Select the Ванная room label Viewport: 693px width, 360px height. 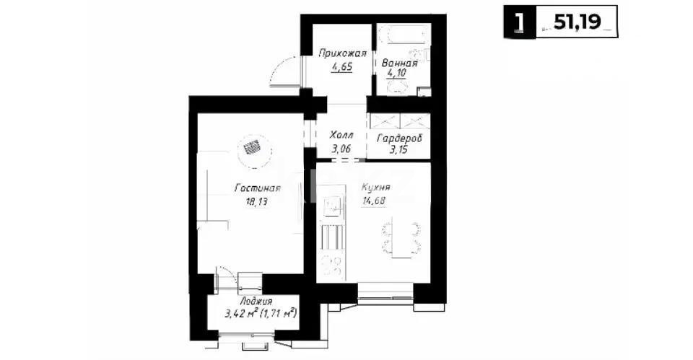(x=400, y=63)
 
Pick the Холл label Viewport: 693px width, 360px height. (x=341, y=135)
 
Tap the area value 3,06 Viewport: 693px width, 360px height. (x=341, y=149)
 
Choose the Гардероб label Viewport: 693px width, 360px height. (x=399, y=138)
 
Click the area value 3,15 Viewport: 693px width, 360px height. (x=399, y=150)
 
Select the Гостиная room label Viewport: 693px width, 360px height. (x=256, y=188)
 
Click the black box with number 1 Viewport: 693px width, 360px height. (x=518, y=21)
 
